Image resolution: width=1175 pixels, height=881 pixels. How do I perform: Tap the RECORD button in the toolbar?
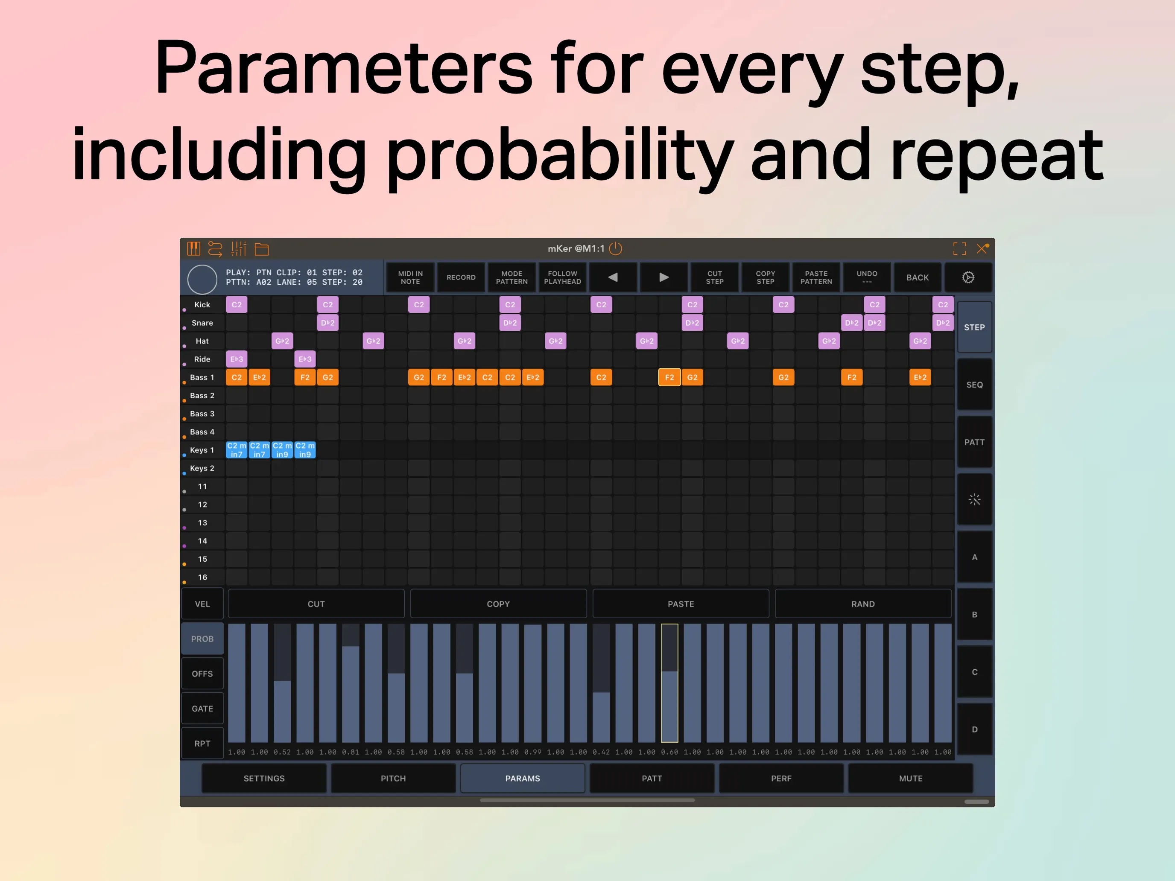(x=461, y=277)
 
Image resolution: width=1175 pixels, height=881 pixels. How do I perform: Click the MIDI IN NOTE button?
(x=410, y=277)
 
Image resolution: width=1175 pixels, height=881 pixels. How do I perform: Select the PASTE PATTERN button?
(x=816, y=277)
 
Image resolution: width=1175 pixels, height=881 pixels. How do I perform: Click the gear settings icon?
(x=968, y=277)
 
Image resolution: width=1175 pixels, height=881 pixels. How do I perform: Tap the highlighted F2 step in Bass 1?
(x=669, y=377)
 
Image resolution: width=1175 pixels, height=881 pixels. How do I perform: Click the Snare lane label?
(x=202, y=323)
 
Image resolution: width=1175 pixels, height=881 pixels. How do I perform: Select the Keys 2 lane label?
(x=202, y=468)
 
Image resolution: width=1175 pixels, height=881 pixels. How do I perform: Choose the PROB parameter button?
(x=202, y=639)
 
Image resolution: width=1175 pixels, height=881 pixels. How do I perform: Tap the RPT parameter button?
(x=202, y=744)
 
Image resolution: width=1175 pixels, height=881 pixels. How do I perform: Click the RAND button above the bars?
(x=862, y=604)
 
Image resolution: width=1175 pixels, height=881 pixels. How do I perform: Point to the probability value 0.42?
(x=601, y=752)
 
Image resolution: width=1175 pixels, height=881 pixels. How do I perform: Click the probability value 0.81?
(x=350, y=752)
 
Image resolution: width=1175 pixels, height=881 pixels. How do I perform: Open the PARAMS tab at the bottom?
(x=523, y=778)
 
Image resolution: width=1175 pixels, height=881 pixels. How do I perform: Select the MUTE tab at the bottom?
(x=910, y=778)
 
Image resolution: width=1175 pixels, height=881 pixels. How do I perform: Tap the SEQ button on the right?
(x=974, y=385)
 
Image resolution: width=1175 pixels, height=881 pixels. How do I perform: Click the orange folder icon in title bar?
(x=262, y=249)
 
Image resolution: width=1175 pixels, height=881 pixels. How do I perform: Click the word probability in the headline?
(x=559, y=155)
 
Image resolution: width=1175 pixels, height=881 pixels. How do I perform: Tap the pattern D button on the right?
(x=974, y=729)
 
